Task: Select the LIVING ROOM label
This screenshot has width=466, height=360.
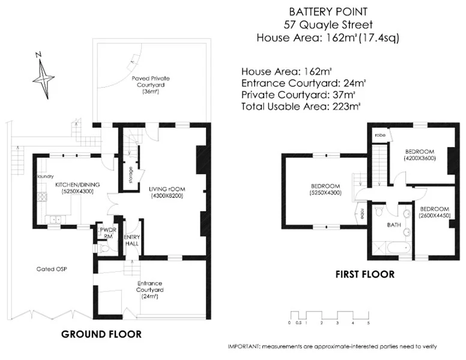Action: (x=168, y=192)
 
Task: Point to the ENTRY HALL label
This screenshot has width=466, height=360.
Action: (x=132, y=240)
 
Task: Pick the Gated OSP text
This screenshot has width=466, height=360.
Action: (x=49, y=269)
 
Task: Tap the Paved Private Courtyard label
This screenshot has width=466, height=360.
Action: (x=149, y=85)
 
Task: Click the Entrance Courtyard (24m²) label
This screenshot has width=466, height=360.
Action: (x=150, y=289)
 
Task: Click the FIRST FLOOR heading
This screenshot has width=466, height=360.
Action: (x=365, y=274)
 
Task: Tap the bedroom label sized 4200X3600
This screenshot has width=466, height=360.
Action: (x=420, y=154)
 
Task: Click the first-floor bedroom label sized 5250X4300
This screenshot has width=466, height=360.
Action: (x=325, y=189)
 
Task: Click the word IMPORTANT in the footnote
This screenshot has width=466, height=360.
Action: (x=243, y=347)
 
